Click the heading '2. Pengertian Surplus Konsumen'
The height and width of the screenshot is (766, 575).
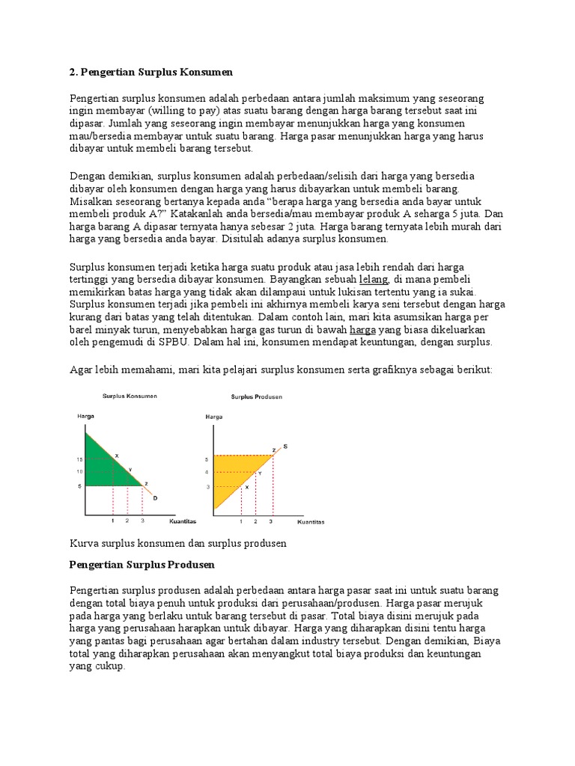coord(151,73)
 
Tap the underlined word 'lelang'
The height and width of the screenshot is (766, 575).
coord(373,279)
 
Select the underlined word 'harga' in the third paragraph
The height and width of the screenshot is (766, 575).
coord(362,329)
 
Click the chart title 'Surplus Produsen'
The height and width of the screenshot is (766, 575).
coord(251,396)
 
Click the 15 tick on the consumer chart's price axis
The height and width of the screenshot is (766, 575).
coord(79,458)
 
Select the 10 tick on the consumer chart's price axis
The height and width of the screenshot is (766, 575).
coord(79,471)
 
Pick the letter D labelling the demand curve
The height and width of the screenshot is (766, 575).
coord(155,497)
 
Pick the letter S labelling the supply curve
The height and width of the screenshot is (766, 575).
coord(285,447)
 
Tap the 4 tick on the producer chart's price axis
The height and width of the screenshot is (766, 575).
coord(207,472)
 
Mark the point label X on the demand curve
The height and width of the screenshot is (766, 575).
coord(116,454)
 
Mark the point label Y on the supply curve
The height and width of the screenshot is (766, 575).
coord(260,474)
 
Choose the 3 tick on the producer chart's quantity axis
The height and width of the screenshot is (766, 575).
coord(270,521)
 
